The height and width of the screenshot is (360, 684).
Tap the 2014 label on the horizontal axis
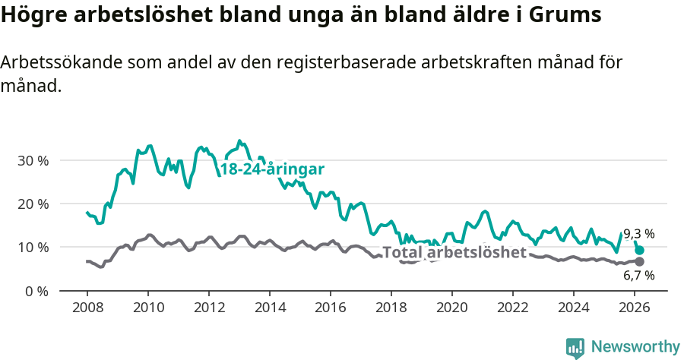[270, 308]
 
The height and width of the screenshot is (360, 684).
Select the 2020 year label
[452, 308]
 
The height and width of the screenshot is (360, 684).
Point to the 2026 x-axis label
[635, 308]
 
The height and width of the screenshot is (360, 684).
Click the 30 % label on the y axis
[33, 160]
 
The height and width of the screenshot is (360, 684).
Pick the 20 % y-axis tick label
[33, 204]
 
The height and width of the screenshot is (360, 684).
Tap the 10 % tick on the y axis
[33, 247]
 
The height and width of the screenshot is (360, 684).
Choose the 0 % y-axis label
[36, 291]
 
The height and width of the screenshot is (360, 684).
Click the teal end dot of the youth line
[640, 250]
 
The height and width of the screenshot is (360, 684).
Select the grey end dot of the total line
[639, 261]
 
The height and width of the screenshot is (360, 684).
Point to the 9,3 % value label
[638, 234]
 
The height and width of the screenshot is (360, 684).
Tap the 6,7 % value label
[638, 275]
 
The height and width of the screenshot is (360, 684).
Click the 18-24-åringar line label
[272, 169]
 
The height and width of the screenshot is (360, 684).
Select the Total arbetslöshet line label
[454, 252]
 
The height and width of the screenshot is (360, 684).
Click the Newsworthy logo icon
[575, 348]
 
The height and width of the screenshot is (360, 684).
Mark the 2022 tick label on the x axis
[513, 308]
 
